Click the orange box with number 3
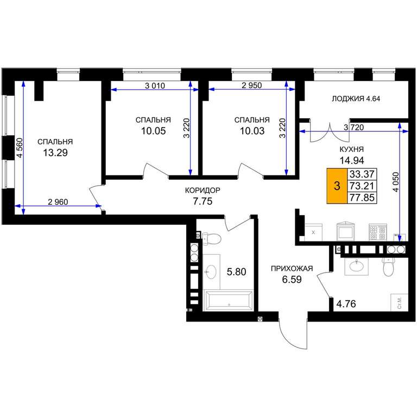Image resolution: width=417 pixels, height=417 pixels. click(x=337, y=186)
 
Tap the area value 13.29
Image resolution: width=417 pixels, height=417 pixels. click(x=55, y=153)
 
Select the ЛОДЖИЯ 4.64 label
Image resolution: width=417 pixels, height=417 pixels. click(x=356, y=99)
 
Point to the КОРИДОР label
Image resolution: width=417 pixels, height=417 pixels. click(x=203, y=190)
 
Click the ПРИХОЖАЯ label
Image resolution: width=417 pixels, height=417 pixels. click(x=292, y=269)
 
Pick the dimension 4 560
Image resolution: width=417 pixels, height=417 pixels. click(x=20, y=148)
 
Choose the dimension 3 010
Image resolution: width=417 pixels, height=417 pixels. click(x=155, y=86)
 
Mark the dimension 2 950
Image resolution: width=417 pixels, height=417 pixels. click(x=251, y=85)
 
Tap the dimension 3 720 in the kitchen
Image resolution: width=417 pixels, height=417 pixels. click(x=353, y=128)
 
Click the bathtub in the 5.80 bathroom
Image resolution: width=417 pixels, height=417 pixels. click(x=229, y=300)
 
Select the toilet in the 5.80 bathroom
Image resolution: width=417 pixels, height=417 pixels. click(x=212, y=238)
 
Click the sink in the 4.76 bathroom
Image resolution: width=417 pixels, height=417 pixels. click(x=356, y=266)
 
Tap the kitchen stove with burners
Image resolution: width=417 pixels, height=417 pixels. click(x=378, y=232)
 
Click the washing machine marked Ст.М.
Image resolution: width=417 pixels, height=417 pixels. click(x=399, y=302)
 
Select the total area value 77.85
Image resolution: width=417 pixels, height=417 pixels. click(x=362, y=198)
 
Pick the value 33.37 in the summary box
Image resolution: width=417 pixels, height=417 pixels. click(x=362, y=174)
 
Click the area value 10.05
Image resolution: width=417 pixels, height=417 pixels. click(x=154, y=131)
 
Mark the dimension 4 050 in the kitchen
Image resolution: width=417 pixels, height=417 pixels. click(x=396, y=182)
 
